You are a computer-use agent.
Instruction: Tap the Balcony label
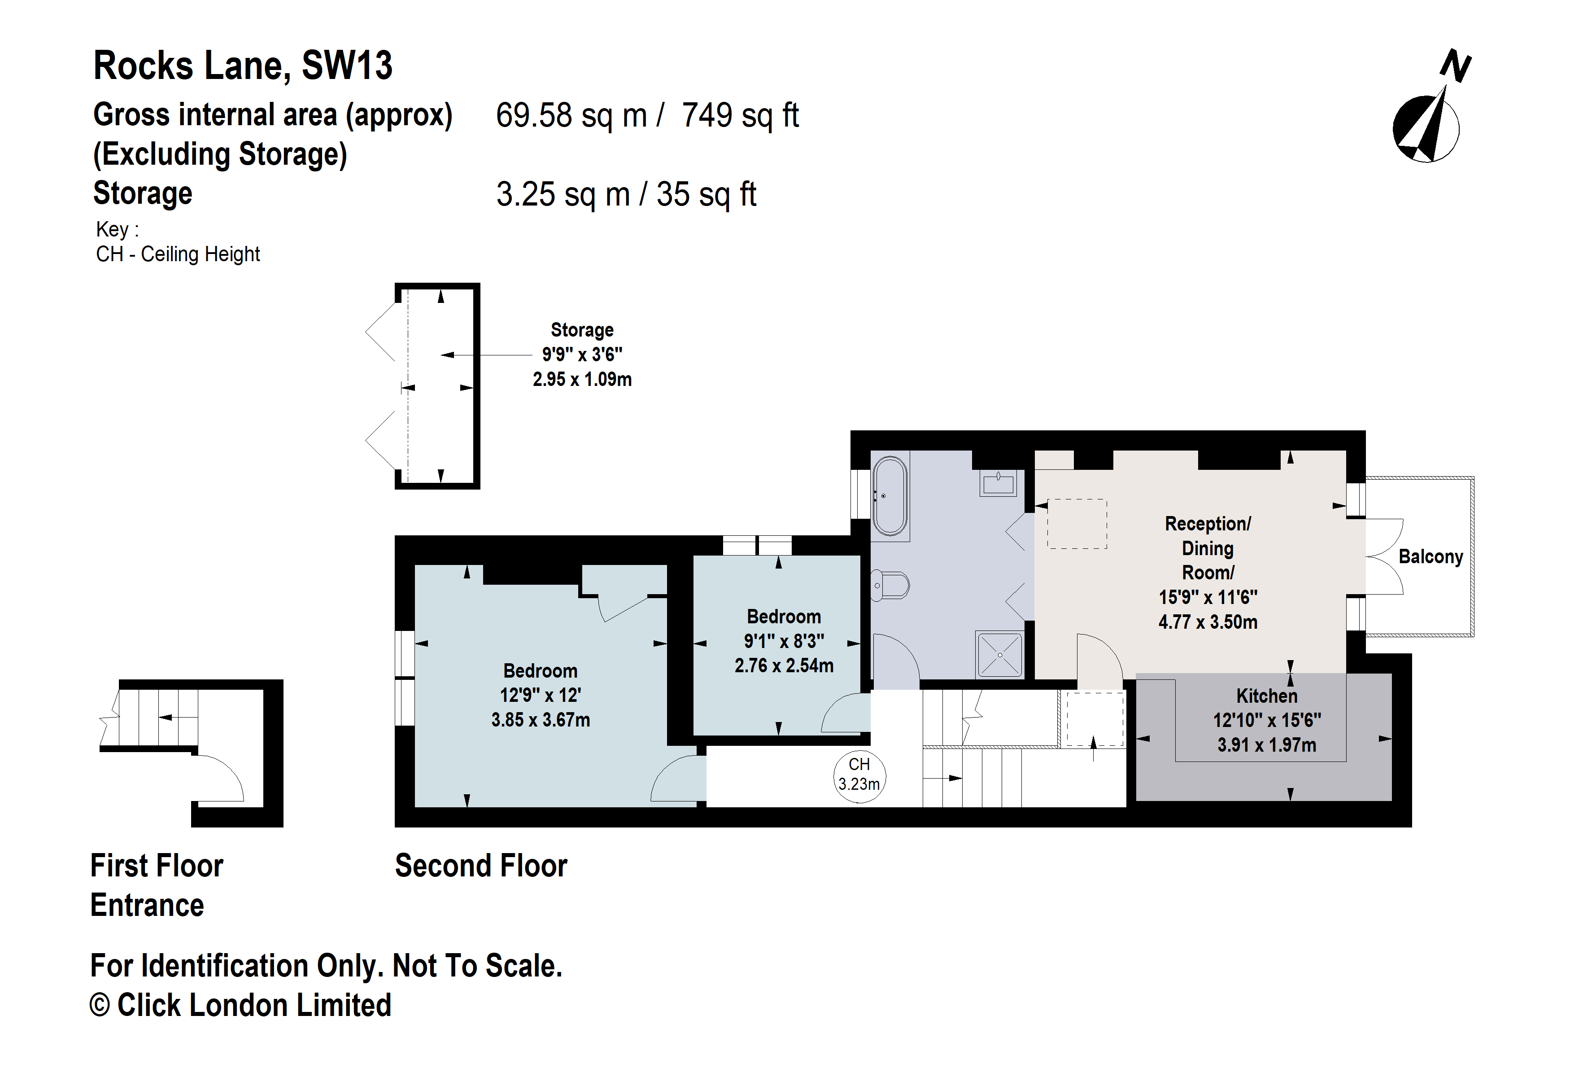(x=1430, y=557)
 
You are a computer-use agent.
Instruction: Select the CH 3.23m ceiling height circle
(x=859, y=774)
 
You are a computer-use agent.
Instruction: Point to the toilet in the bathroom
(x=891, y=585)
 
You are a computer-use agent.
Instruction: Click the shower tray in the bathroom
(x=999, y=654)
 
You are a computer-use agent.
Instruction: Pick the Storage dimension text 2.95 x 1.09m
(x=582, y=380)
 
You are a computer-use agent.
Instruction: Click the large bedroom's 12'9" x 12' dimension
(x=541, y=695)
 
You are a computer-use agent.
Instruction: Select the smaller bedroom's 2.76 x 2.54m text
(x=784, y=665)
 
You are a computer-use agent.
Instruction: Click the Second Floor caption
(x=480, y=866)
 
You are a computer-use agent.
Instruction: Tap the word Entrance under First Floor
(x=147, y=906)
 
